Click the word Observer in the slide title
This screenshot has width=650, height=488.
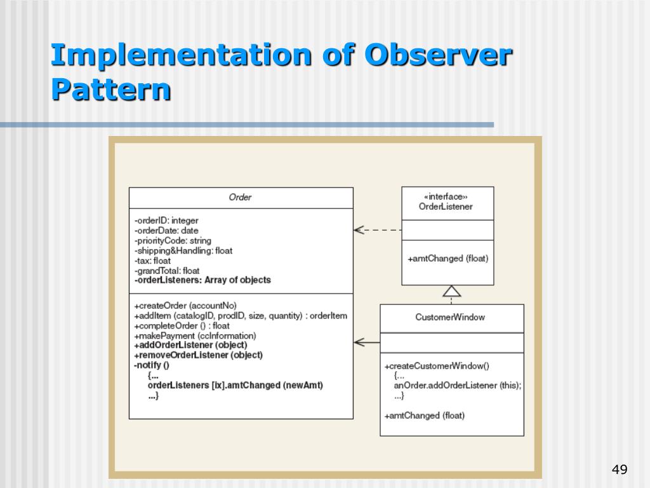point(437,56)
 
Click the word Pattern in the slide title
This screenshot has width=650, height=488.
point(111,89)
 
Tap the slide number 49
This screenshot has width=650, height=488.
point(619,470)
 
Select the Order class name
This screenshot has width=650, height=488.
point(240,197)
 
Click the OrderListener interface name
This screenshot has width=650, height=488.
point(446,207)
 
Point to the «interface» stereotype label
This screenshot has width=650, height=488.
point(446,196)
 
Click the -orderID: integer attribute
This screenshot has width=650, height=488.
point(166,220)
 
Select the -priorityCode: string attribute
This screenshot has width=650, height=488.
point(173,241)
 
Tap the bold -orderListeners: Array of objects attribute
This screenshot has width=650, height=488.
point(202,280)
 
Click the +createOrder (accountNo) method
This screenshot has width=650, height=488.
point(185,306)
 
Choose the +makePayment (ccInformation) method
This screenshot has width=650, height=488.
point(195,335)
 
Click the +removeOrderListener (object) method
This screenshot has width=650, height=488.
point(198,355)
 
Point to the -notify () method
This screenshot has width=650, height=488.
point(152,365)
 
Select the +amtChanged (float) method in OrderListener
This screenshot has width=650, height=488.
point(448,259)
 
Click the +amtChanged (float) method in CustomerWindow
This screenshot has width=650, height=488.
point(425,416)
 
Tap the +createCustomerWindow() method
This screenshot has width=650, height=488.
point(437,366)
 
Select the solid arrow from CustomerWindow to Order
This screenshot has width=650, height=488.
point(367,343)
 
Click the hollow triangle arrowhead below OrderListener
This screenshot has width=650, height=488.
point(451,292)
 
